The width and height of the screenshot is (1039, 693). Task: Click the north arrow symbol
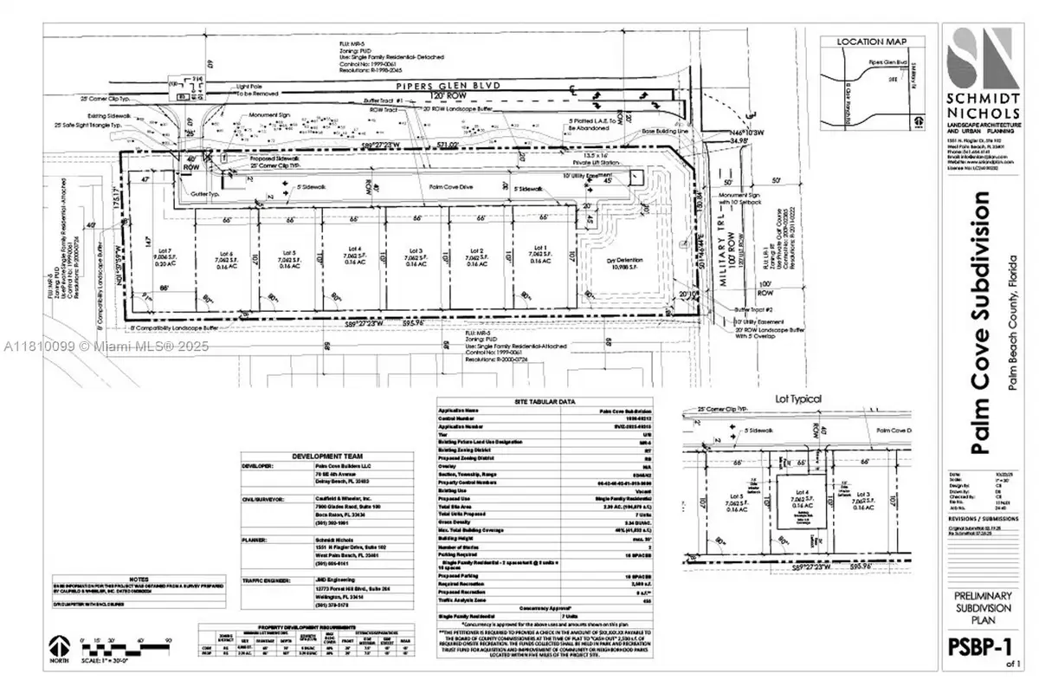59,647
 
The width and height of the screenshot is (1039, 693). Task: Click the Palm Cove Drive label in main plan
445,185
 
